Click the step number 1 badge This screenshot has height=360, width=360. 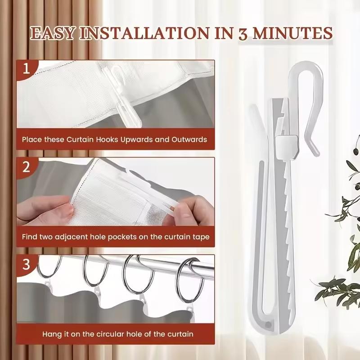(x=27, y=69)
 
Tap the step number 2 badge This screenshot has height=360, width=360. (x=27, y=167)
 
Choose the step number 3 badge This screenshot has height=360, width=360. (x=27, y=264)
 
